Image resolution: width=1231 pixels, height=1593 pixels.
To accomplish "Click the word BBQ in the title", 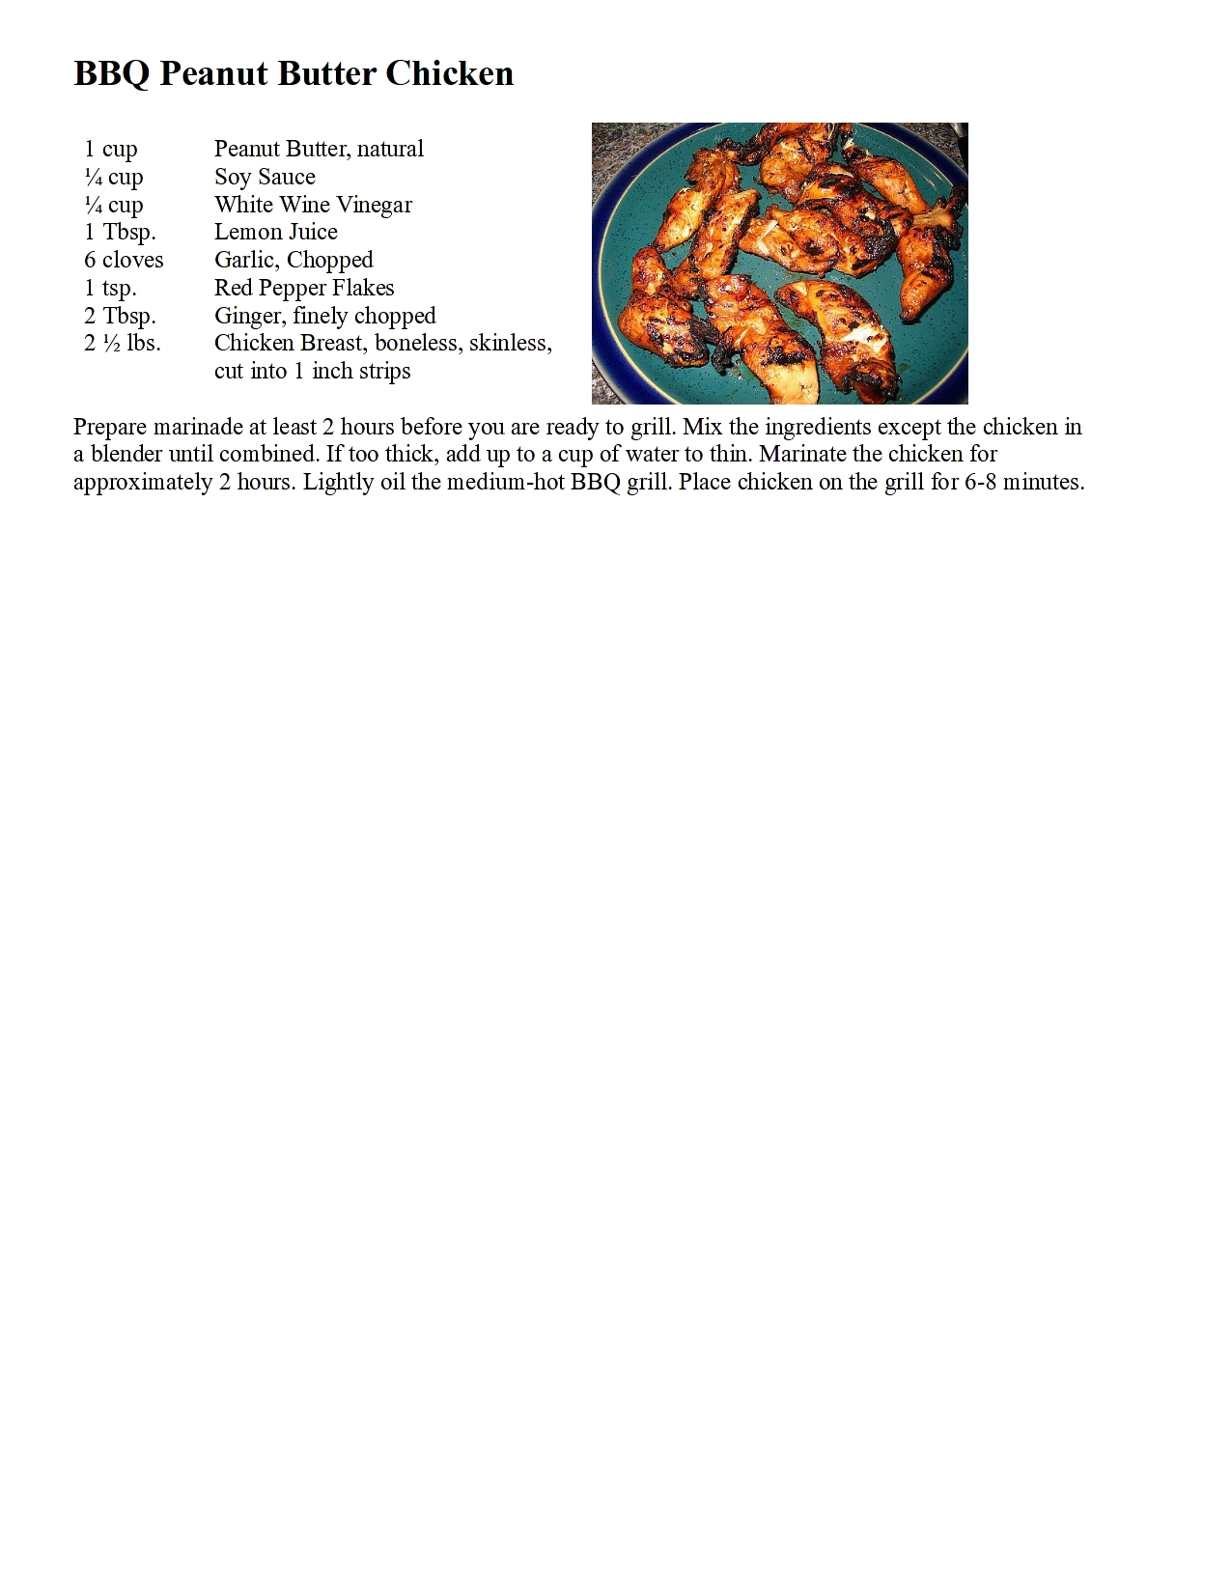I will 111,74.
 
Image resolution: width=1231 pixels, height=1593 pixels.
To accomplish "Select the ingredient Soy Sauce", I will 265,177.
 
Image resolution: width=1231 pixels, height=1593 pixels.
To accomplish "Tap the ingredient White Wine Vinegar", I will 313,205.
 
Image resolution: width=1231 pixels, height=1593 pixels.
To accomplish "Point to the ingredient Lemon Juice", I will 275,232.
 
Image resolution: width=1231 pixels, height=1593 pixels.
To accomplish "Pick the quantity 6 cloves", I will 124,260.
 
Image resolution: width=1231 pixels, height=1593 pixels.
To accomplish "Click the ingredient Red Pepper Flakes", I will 304,288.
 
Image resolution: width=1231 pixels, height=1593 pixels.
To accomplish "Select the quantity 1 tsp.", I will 110,288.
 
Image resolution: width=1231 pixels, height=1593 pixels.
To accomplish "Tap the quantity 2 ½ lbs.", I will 123,343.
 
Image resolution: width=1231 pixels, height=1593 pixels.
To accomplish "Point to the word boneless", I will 416,343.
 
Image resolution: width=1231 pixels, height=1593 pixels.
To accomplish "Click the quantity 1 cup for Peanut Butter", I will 111,149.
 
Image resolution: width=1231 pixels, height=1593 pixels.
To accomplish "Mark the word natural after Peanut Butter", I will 390,149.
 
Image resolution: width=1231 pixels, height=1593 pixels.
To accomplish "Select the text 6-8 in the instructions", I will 980,482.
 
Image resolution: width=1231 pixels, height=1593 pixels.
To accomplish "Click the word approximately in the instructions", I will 142,483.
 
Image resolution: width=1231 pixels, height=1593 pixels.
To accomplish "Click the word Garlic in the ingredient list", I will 245,260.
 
